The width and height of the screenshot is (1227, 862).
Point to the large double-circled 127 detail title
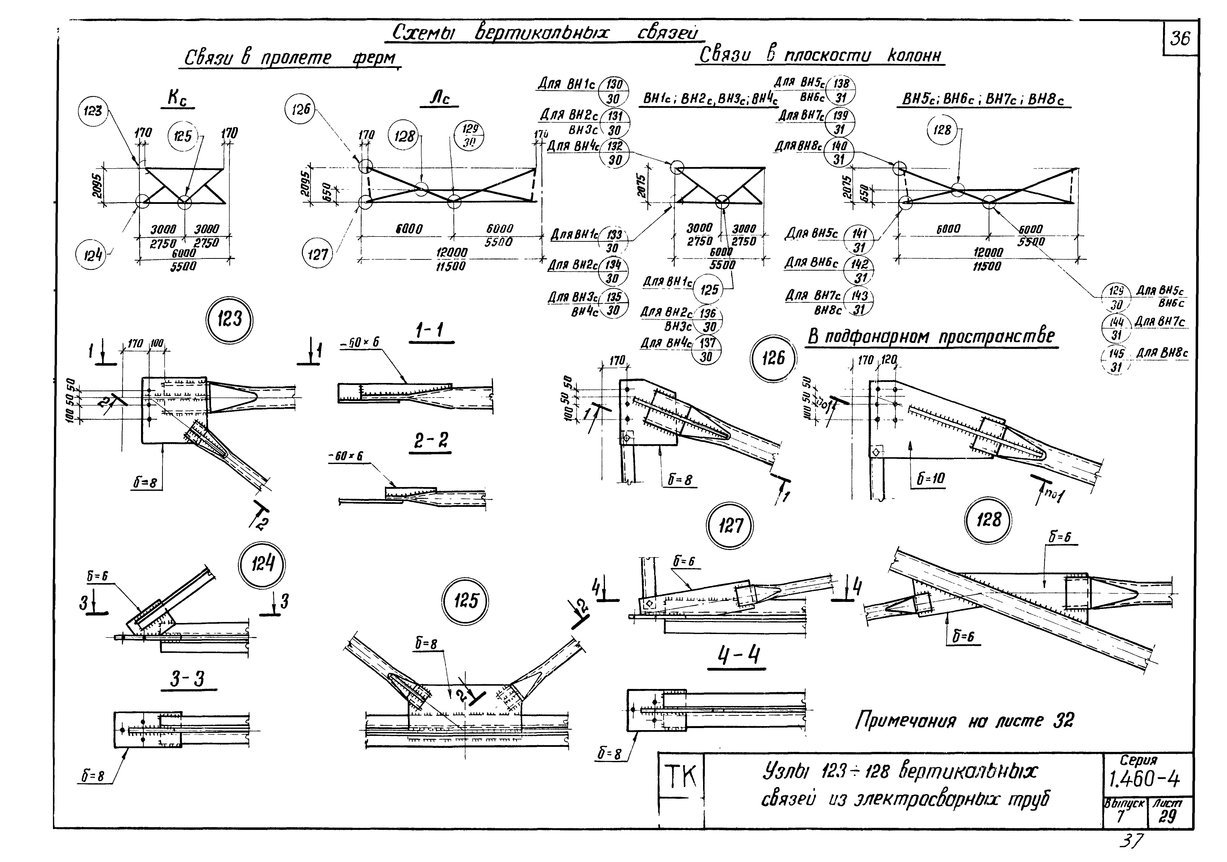(x=730, y=526)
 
